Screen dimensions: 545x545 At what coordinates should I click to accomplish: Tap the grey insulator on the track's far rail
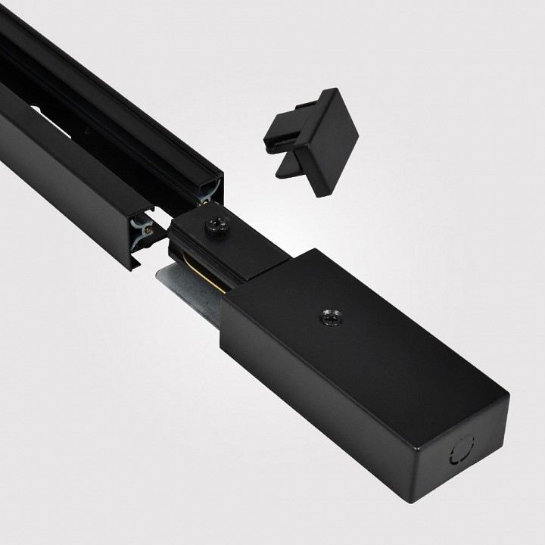[210, 194]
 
